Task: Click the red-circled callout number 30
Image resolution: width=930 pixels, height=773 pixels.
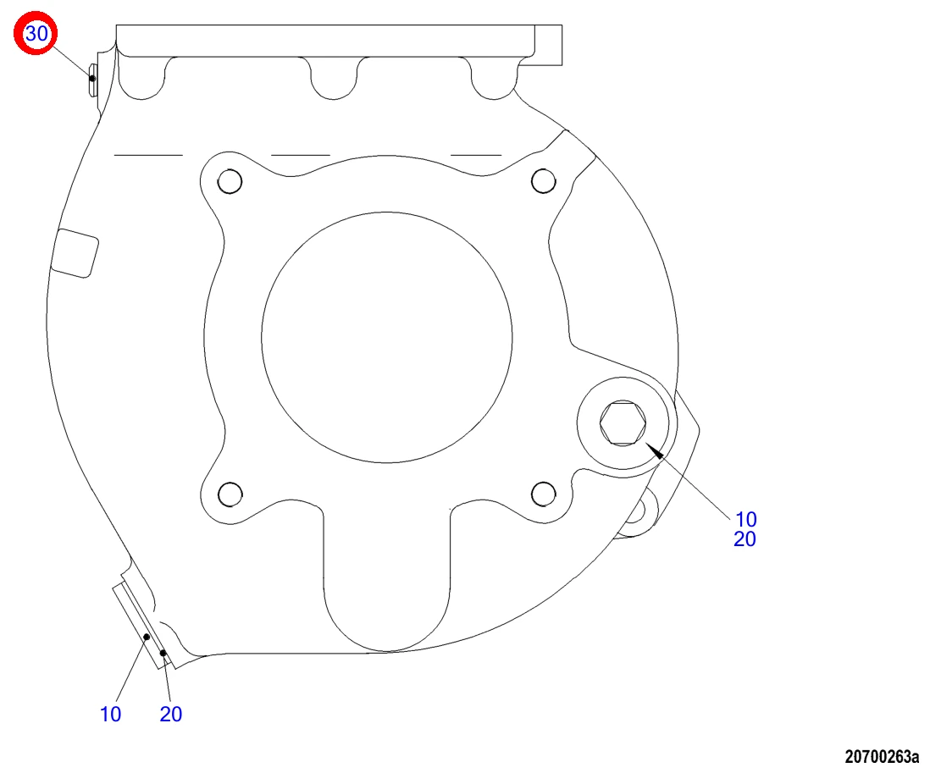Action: (36, 33)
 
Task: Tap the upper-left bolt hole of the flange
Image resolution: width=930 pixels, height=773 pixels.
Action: (230, 181)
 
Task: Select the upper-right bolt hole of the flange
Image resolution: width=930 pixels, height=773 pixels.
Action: (543, 181)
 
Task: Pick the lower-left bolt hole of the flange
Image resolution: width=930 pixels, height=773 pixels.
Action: (230, 494)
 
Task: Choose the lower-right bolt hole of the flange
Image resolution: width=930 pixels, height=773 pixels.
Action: (543, 494)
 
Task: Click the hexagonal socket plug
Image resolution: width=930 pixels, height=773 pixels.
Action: (623, 422)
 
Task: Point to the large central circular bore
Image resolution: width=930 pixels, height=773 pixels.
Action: (387, 337)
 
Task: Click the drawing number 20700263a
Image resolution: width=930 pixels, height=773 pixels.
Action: (882, 756)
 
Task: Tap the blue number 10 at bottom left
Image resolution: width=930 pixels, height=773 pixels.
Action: (110, 715)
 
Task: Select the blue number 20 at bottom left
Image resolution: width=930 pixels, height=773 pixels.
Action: (171, 715)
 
